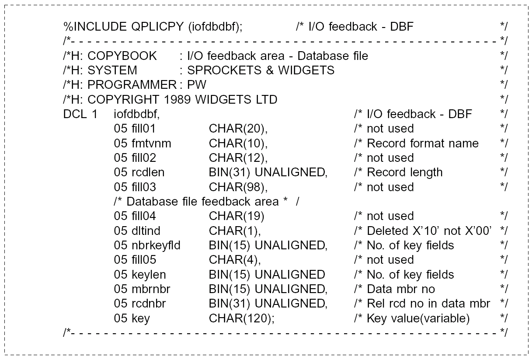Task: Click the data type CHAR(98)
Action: tap(238, 187)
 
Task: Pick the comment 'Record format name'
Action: tap(422, 143)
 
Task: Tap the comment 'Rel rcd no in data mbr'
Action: tap(428, 304)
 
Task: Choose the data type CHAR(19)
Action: tap(236, 217)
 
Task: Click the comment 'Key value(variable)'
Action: tap(418, 318)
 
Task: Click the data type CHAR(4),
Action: tap(235, 260)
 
